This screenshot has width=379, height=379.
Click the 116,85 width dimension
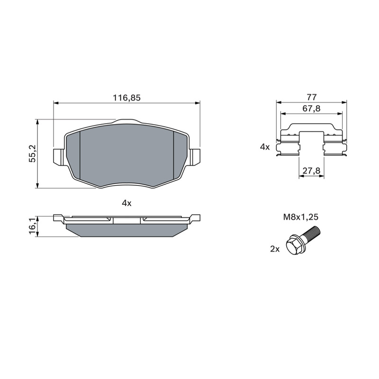[x=126, y=98]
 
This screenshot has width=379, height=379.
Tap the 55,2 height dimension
[x=32, y=153]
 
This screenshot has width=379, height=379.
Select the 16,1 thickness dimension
[x=32, y=226]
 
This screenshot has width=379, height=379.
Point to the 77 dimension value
[x=312, y=97]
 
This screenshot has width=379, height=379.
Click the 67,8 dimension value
[x=312, y=108]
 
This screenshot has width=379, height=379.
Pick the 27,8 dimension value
[x=311, y=171]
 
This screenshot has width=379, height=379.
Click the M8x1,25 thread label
[x=301, y=217]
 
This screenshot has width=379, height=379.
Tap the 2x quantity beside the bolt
[x=275, y=249]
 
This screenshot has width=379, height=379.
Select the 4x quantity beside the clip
[x=265, y=147]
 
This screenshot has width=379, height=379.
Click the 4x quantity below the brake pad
[x=126, y=203]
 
